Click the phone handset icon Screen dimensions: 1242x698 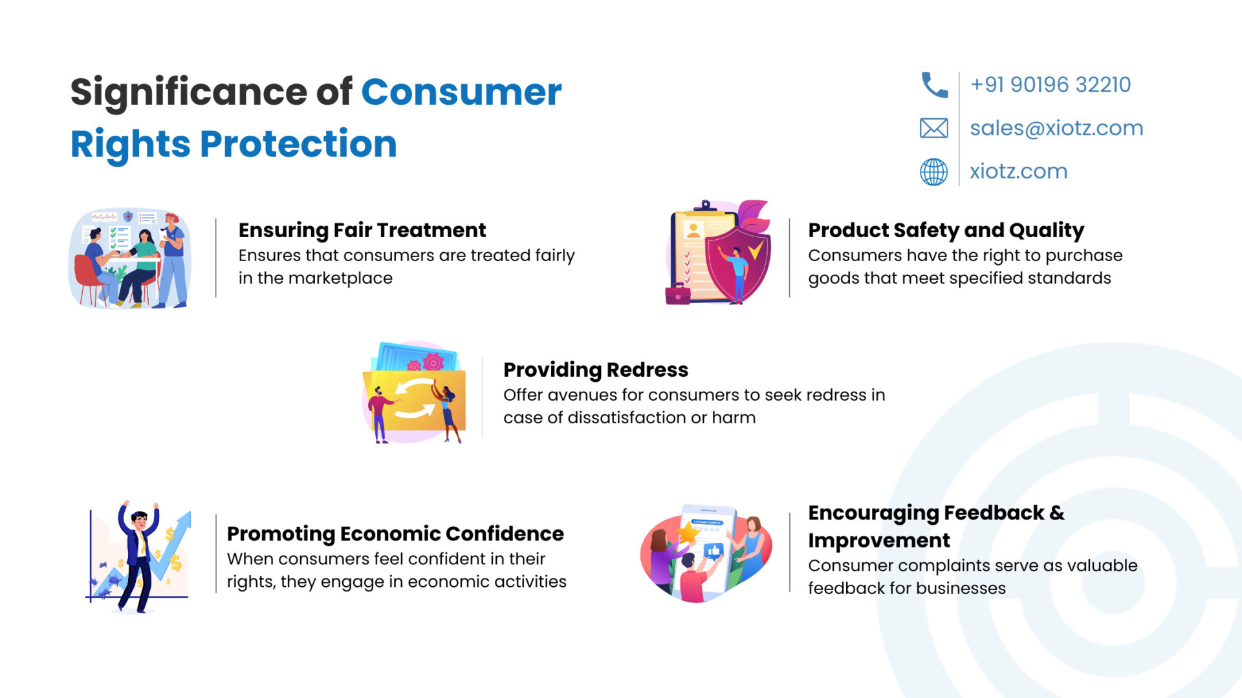click(934, 85)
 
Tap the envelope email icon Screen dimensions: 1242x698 click(934, 128)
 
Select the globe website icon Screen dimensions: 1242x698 click(934, 172)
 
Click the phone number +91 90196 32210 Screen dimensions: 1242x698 click(1051, 85)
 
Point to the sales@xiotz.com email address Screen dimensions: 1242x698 click(1056, 128)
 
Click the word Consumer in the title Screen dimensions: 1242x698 click(461, 92)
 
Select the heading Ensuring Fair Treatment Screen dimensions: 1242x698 click(362, 230)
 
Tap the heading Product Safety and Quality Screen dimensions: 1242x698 click(946, 230)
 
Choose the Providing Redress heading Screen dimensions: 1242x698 click(596, 370)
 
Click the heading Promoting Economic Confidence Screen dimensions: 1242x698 click(395, 534)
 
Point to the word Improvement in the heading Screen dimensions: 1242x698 click(879, 540)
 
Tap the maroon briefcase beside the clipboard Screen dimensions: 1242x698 click(677, 294)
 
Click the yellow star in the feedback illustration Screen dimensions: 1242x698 click(687, 533)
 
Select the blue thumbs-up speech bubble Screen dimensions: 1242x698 click(713, 551)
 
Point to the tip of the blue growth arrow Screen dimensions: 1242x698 click(190, 513)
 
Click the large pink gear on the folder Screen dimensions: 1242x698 click(433, 363)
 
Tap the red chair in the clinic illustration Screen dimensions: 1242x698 click(90, 278)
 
